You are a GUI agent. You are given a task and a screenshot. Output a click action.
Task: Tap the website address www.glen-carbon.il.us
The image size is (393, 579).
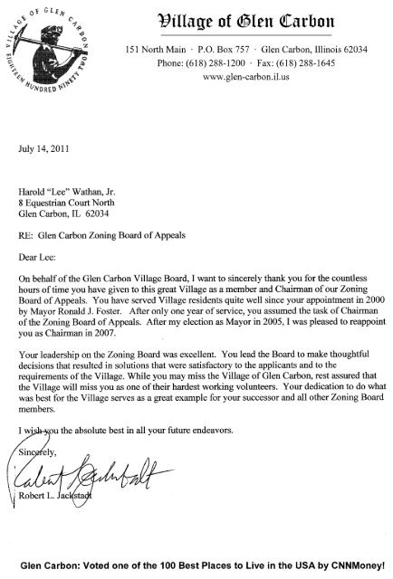click(260, 77)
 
